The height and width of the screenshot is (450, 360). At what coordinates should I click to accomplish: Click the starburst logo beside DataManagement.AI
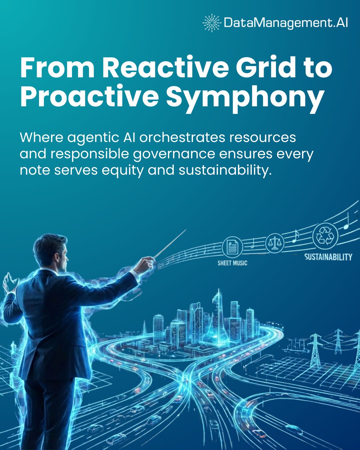pos(212,23)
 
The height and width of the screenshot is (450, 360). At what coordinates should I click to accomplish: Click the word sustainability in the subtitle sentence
pos(223,170)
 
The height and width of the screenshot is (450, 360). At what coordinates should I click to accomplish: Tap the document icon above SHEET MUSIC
pos(232,247)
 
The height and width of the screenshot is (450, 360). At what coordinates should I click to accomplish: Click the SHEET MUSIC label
pos(232,263)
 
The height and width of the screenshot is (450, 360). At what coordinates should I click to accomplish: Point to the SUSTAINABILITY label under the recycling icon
pos(328,257)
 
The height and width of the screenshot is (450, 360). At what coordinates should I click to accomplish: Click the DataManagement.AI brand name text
pos(286,23)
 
